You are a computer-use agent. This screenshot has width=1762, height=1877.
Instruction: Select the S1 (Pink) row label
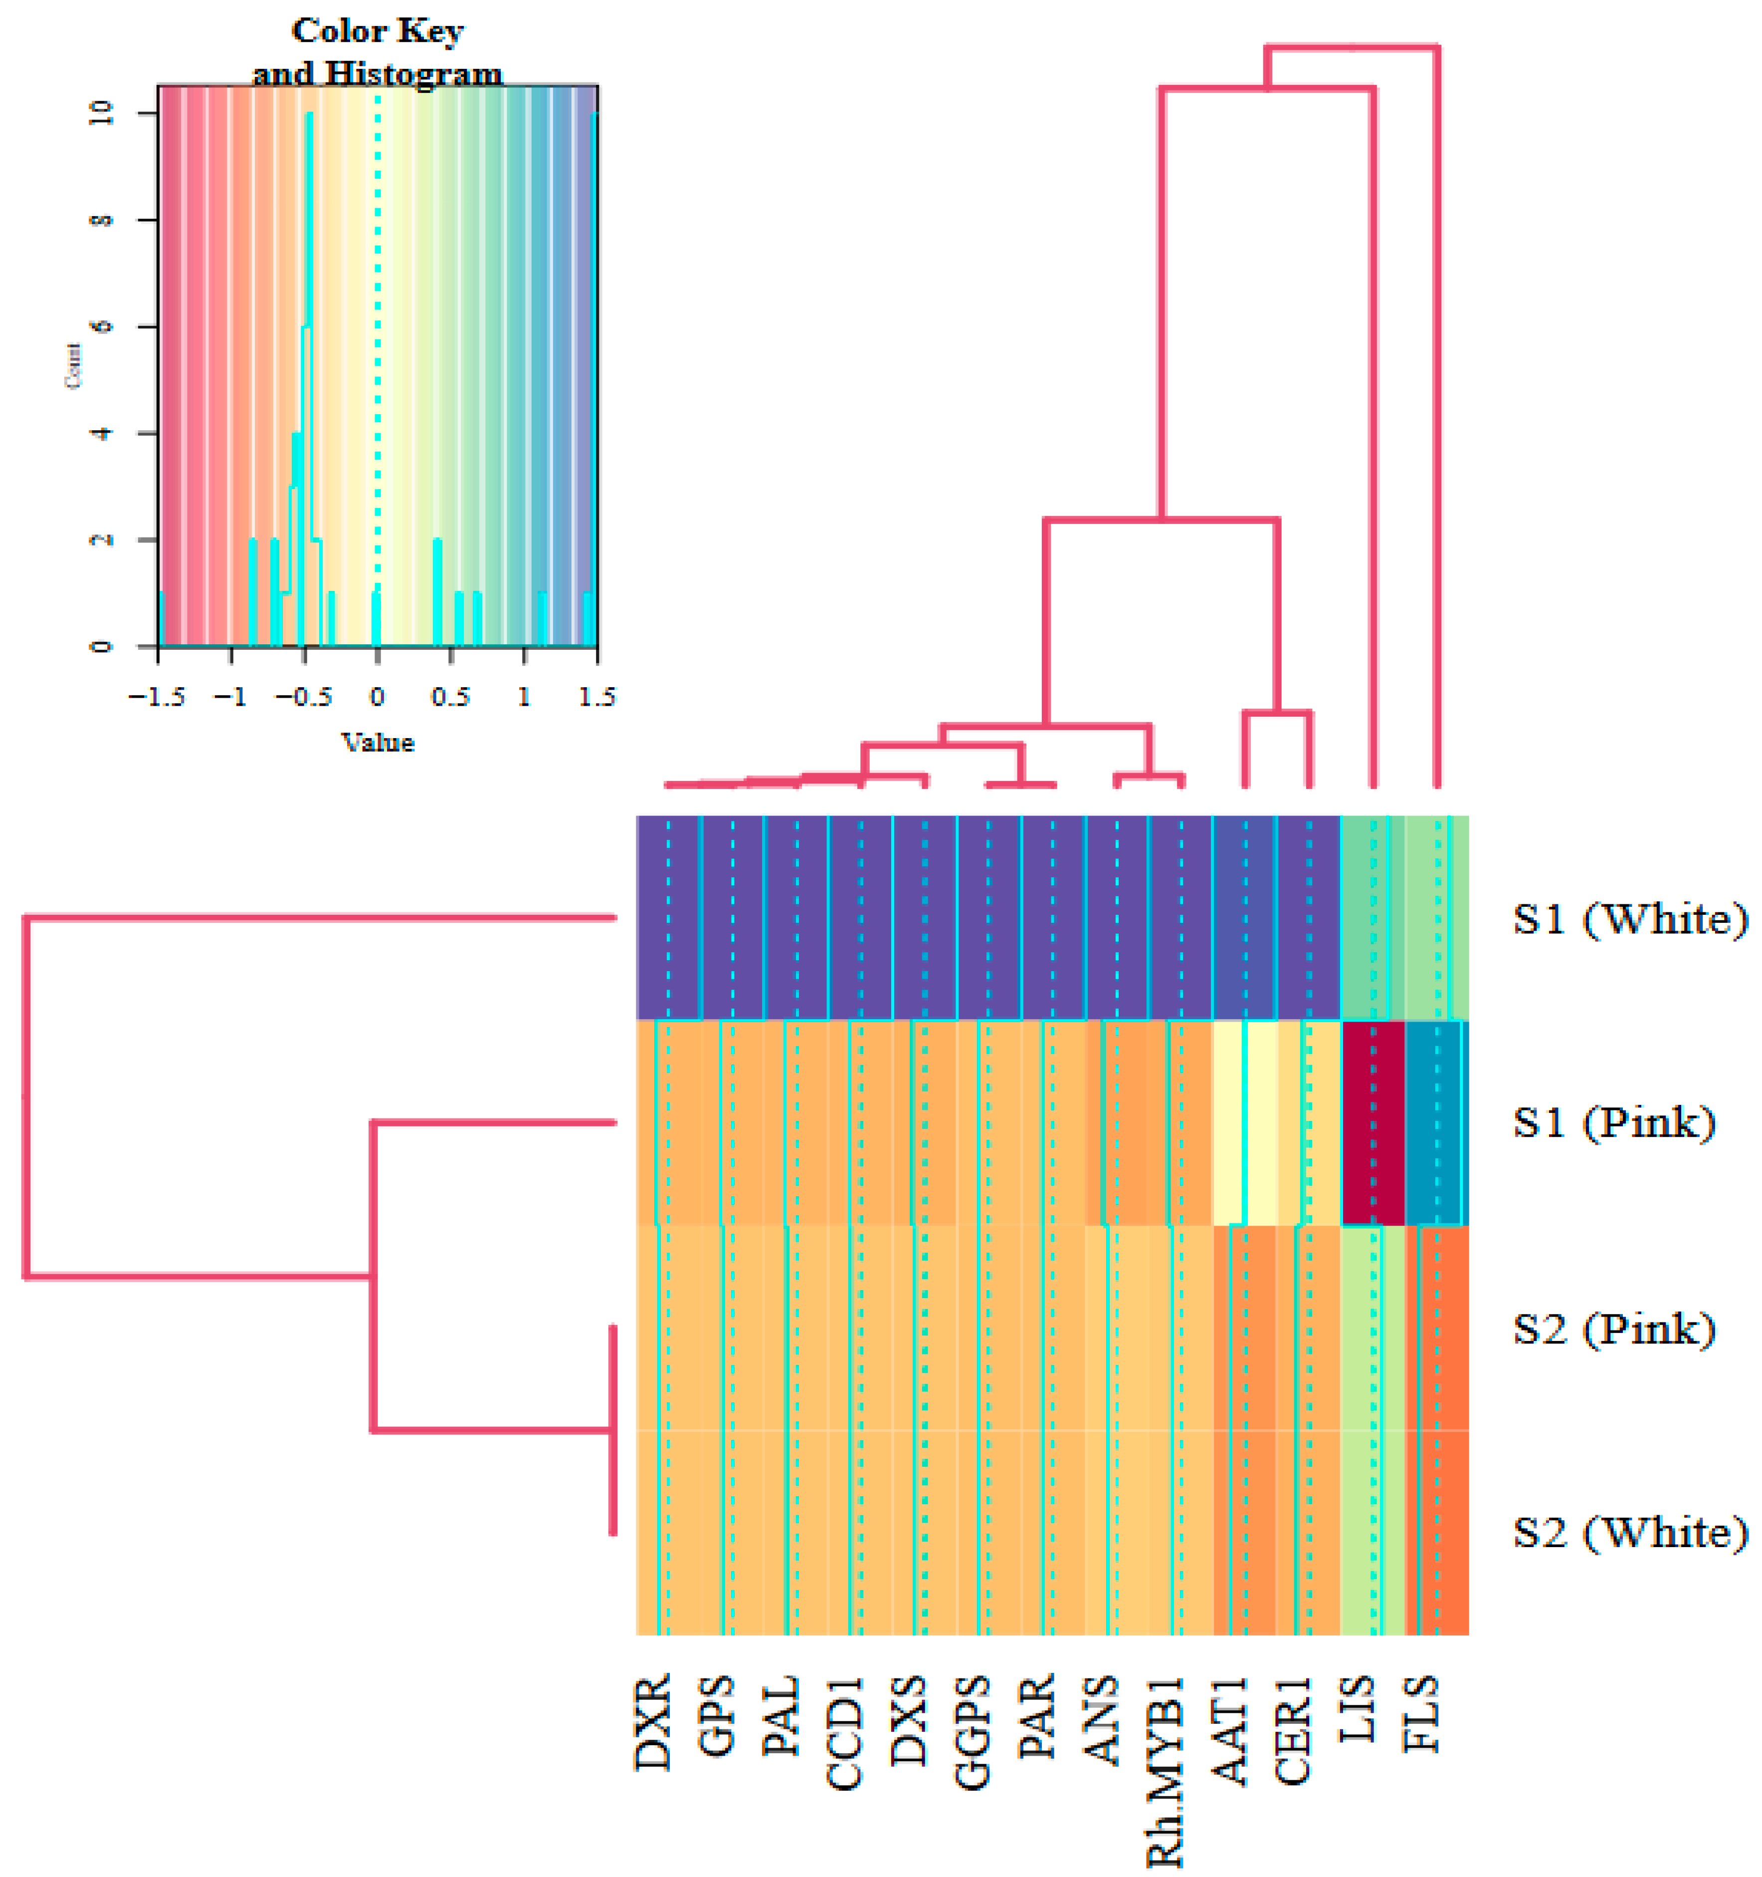(1614, 1122)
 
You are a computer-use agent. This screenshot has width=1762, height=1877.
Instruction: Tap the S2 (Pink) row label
(1614, 1330)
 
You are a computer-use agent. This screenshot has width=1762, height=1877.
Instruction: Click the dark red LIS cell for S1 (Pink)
(1373, 1122)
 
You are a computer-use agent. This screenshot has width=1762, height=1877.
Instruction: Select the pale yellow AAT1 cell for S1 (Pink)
(1244, 1122)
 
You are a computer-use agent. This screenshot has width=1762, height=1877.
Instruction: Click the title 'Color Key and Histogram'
(378, 52)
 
